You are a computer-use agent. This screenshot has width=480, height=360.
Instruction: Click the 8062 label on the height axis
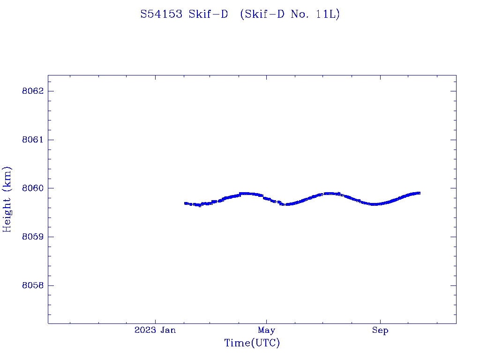32,91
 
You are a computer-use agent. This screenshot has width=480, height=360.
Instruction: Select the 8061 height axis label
32,140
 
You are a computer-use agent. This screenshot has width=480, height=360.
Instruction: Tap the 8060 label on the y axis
32,188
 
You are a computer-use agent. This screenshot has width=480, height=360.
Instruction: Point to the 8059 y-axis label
32,237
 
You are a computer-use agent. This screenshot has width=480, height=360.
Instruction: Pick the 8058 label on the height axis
32,286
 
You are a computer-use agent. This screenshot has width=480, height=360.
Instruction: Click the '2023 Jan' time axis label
155,330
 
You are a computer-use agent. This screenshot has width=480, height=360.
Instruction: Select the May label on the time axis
266,330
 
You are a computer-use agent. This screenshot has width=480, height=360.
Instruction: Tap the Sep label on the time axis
380,330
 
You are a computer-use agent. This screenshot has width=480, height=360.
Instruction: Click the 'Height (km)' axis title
7,199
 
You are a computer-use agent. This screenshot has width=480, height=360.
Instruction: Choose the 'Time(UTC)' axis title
252,344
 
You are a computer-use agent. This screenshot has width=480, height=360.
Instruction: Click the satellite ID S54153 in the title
162,15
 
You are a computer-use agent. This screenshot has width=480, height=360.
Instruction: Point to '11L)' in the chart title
328,15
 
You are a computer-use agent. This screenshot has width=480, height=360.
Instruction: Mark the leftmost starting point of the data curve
186,203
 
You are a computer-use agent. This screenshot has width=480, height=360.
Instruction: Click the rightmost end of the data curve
419,193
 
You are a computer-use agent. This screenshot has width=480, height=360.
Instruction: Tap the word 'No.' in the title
300,15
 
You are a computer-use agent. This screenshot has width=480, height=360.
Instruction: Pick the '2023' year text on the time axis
145,330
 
